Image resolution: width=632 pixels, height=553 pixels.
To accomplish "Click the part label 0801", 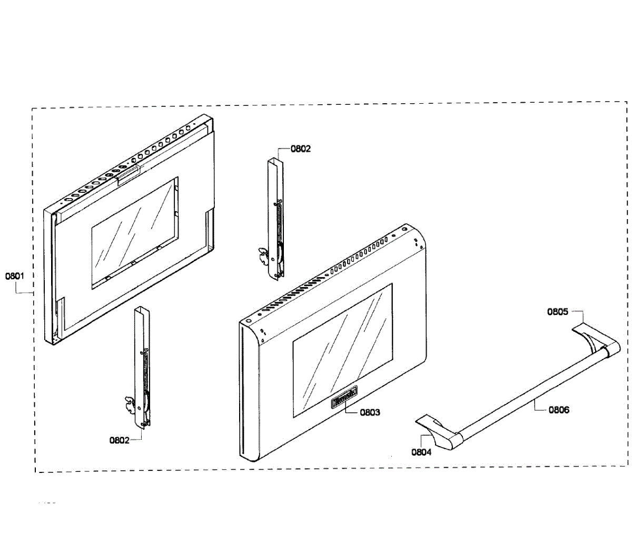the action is (x=15, y=276).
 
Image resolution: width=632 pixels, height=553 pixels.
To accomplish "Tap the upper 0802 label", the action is (x=301, y=149).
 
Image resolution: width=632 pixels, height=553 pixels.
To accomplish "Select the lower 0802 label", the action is (x=120, y=440).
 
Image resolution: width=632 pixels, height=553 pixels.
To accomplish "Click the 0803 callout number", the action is (x=370, y=412).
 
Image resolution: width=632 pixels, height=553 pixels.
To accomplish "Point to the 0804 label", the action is (x=421, y=452).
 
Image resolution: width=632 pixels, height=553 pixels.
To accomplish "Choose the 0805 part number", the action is (x=558, y=311).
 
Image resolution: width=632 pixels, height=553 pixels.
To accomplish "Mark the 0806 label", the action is (x=559, y=409).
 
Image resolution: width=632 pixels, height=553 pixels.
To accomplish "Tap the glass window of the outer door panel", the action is (x=342, y=350).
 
